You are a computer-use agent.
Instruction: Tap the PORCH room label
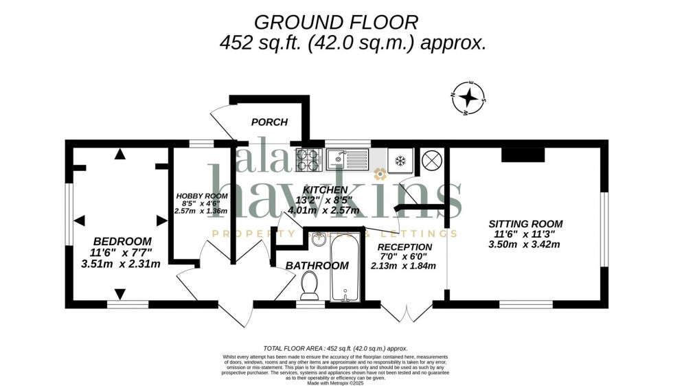coord(269,122)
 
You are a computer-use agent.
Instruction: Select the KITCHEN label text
coord(327,189)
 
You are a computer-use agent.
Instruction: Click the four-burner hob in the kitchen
coord(307,159)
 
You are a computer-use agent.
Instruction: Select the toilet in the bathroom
coord(310,284)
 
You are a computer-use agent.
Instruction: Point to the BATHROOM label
coord(318,266)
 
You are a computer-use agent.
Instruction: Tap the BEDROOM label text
coord(122,241)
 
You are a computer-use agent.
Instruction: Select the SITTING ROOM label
coord(525,223)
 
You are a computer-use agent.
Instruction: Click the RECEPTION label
coord(403,247)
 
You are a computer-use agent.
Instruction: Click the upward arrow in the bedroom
coord(120,155)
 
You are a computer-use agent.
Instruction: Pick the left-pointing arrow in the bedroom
coord(79,220)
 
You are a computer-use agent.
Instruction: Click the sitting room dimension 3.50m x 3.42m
coord(525,245)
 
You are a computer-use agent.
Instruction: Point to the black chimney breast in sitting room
coord(523,155)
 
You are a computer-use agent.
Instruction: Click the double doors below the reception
coord(407,313)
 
